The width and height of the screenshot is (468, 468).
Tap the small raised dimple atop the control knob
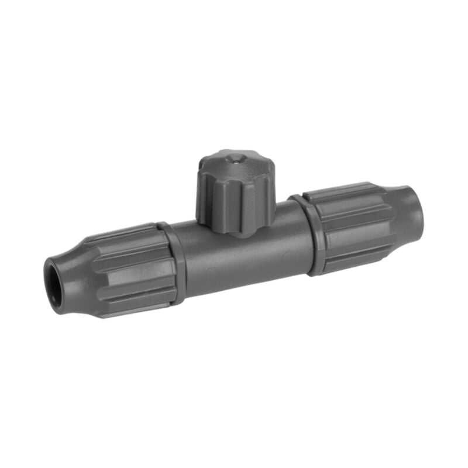tap(234, 157)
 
